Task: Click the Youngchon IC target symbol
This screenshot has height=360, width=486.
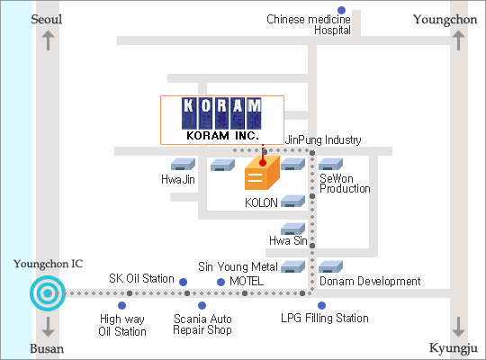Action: point(48,293)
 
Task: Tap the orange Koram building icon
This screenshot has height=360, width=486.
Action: point(262,173)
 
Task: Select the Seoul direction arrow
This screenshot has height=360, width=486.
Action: point(48,40)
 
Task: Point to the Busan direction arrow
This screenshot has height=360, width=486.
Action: point(48,327)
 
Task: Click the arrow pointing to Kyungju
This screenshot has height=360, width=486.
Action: point(458,327)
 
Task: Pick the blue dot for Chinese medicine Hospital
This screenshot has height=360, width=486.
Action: point(342,10)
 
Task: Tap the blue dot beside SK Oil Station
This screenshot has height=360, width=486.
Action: point(184,282)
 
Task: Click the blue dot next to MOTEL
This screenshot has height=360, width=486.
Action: point(220,282)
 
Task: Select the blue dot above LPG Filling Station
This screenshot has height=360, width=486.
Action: point(321,305)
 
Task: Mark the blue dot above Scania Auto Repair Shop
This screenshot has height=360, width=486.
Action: point(202,305)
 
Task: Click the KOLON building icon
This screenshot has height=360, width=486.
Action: point(292,201)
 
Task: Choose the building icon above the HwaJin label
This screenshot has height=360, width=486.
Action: point(184,164)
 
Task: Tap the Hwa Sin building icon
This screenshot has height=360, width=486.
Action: point(292,229)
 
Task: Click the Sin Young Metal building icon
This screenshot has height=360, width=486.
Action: point(292,266)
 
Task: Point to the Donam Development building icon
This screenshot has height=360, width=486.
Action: point(330,266)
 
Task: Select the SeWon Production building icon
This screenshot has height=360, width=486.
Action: point(330,164)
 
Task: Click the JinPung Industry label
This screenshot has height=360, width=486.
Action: point(323,140)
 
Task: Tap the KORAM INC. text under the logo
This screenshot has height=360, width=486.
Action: point(222,136)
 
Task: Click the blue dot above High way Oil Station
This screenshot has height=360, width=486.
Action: point(122,305)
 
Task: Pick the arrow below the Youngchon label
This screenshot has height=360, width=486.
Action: point(458,40)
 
